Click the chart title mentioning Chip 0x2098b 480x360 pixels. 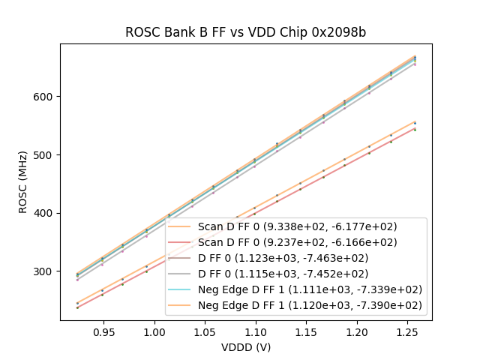tap(244, 32)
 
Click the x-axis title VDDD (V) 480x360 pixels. tap(246, 347)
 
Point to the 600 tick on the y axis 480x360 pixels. tap(43, 97)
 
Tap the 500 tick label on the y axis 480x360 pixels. tap(43, 155)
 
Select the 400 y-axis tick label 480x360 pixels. tap(43, 213)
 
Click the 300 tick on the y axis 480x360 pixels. tap(43, 271)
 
